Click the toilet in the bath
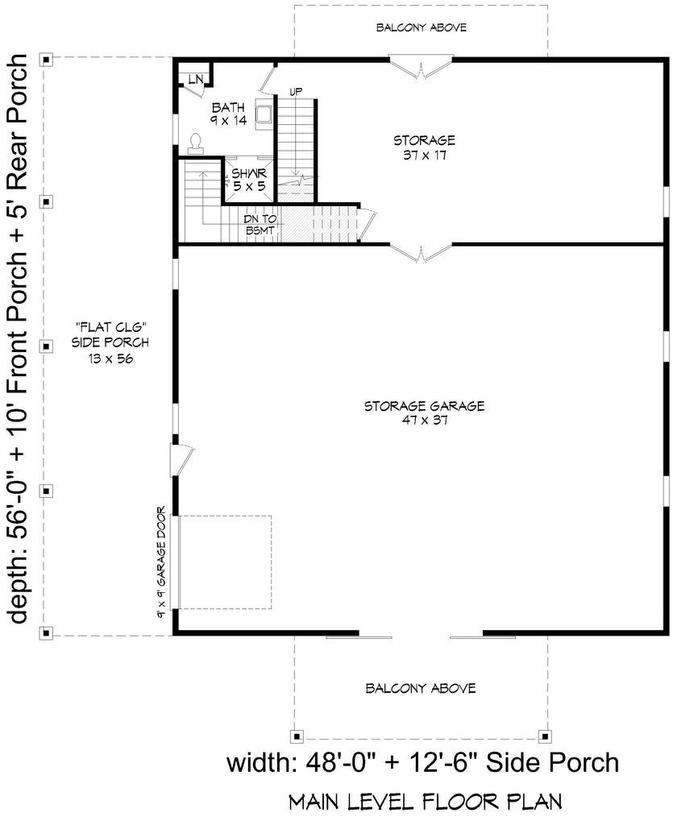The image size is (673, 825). (196, 143)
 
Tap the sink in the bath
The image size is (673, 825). (263, 114)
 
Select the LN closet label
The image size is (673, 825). (196, 80)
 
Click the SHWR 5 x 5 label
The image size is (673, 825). (249, 180)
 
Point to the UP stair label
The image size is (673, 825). (297, 92)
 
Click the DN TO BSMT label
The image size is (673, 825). (260, 225)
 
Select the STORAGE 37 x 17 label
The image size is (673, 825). (424, 147)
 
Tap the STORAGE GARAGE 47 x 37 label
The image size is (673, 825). (424, 412)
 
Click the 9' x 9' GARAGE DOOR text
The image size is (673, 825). (161, 562)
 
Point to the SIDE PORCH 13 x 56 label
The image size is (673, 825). (110, 342)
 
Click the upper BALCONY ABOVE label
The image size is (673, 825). (422, 27)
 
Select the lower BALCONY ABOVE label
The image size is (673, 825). (421, 688)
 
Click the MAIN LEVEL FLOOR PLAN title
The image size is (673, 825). (426, 802)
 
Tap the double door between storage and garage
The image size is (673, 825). (421, 251)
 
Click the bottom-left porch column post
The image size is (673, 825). (46, 633)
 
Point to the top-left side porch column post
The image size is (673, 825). (46, 60)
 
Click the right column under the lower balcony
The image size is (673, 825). (545, 736)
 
